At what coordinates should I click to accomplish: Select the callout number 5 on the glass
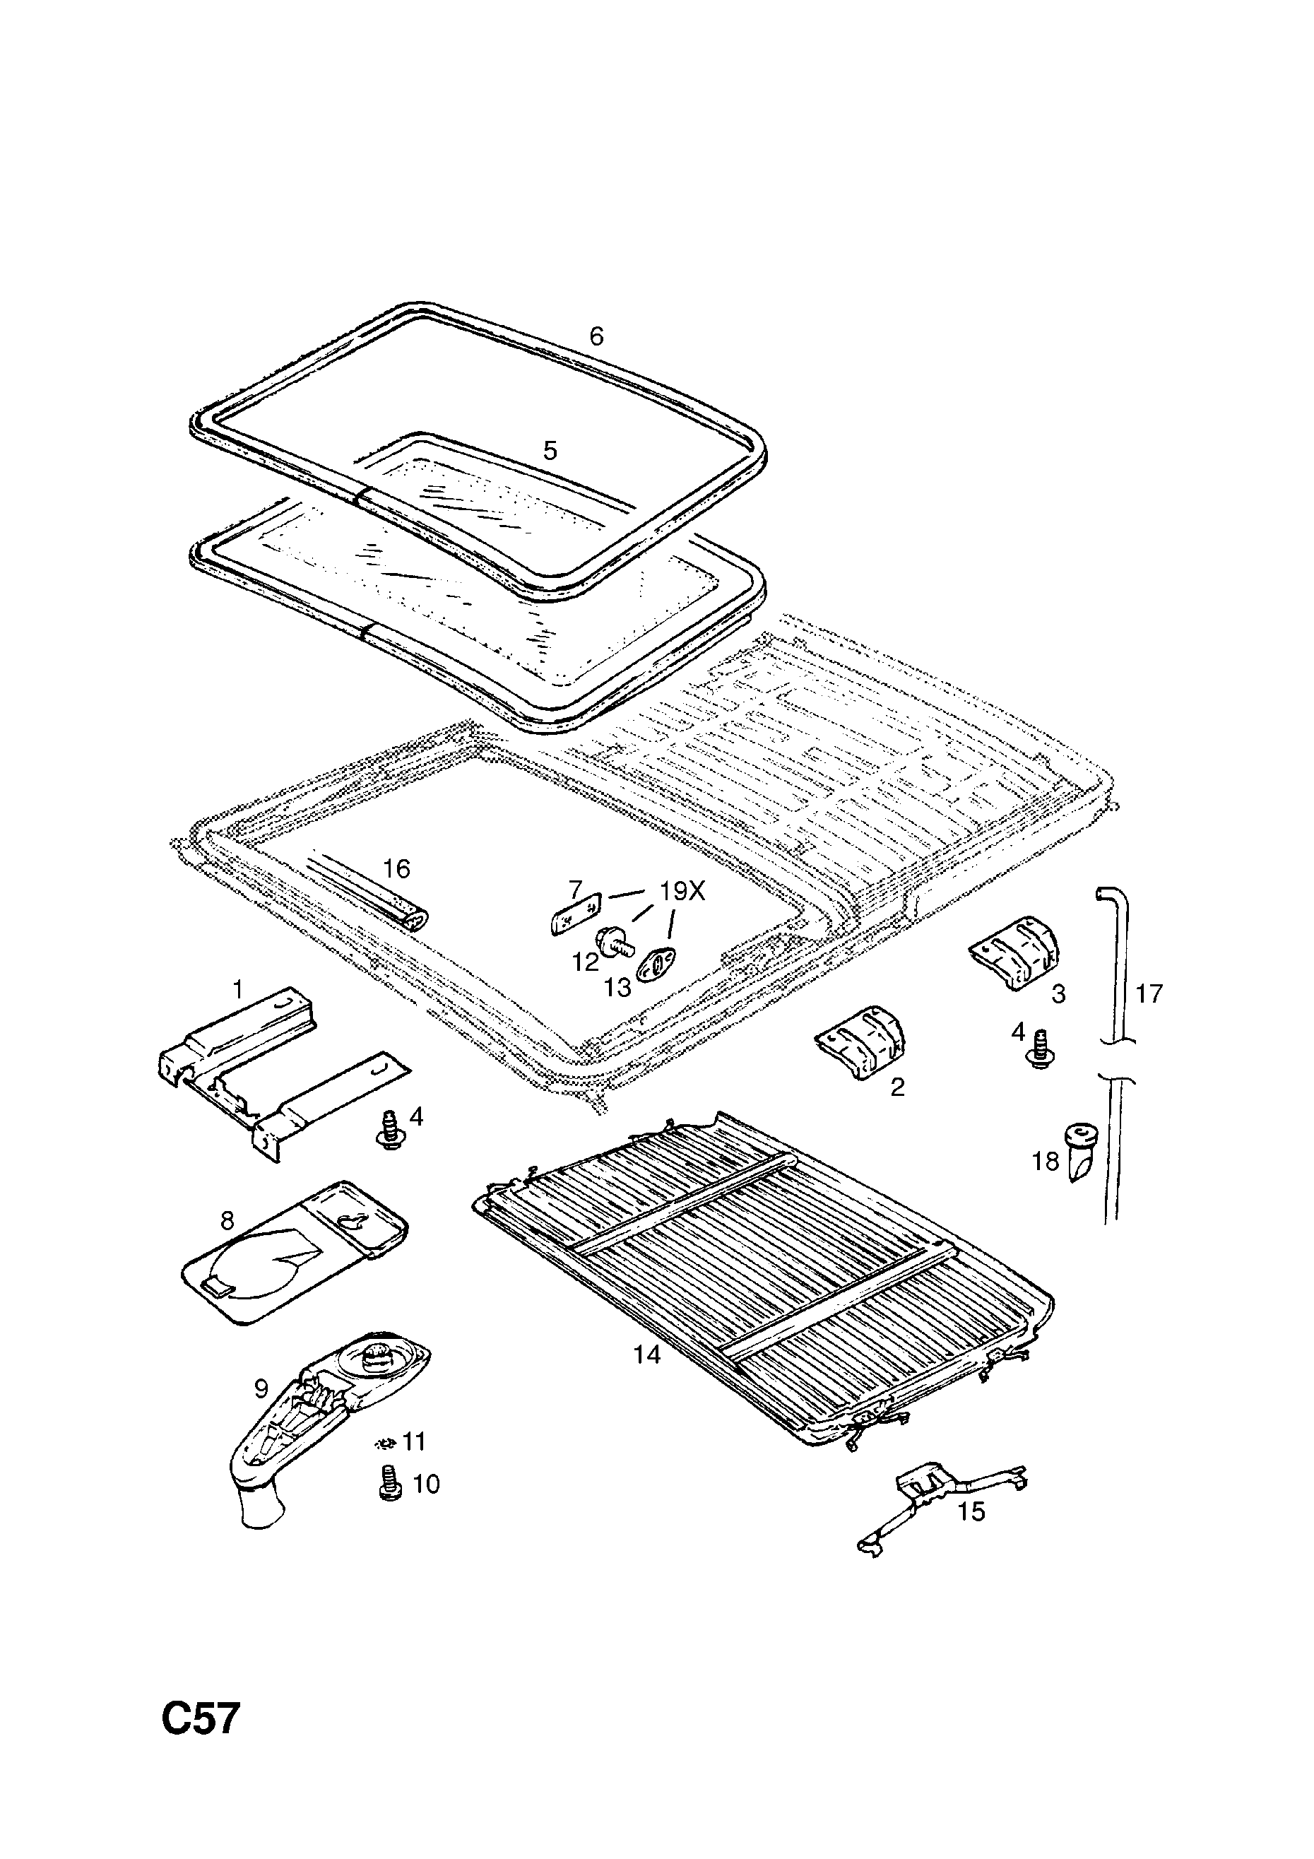(x=550, y=451)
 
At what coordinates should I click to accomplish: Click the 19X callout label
(x=682, y=892)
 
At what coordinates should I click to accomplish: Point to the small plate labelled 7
(x=575, y=914)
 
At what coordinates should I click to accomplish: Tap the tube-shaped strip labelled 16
(x=372, y=894)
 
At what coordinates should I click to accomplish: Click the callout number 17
(x=1149, y=993)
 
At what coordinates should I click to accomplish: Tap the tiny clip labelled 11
(x=386, y=1441)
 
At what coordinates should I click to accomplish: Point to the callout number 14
(x=646, y=1354)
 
